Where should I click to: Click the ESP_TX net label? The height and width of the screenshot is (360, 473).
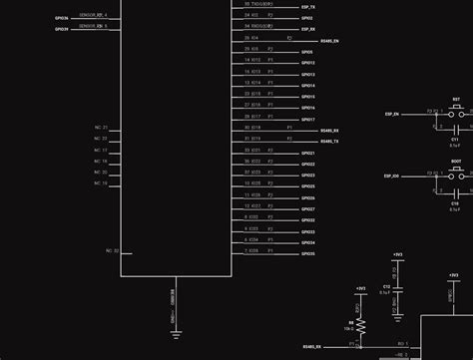[x=308, y=7]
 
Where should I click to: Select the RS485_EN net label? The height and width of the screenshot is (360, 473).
[x=329, y=41]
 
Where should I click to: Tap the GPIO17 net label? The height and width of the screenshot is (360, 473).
[x=308, y=119]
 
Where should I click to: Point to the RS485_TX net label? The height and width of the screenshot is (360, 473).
[x=329, y=142]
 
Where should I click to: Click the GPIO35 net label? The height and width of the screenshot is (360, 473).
[x=308, y=253]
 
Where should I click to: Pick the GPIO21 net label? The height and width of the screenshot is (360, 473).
[x=308, y=153]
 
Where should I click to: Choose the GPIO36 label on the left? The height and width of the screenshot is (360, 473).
[x=62, y=17]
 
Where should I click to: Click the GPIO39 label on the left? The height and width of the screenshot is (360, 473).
[x=62, y=29]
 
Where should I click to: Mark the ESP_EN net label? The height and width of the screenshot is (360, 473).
[x=391, y=115]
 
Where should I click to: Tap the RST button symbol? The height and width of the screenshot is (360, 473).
[x=456, y=112]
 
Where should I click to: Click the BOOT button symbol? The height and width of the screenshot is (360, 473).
[x=456, y=173]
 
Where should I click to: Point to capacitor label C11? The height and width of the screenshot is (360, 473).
[x=455, y=140]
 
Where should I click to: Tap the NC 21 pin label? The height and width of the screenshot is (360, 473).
[x=101, y=128]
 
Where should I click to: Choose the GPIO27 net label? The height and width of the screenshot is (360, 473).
[x=308, y=208]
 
